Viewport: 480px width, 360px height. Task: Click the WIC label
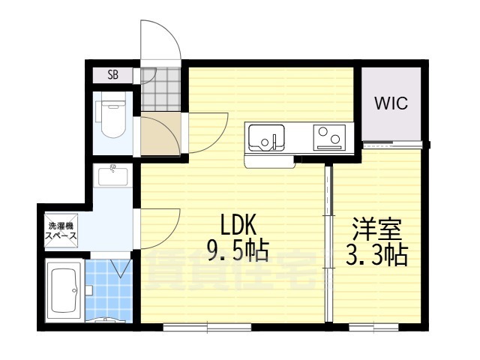pos(392,103)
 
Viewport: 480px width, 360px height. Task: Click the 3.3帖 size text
pos(376,256)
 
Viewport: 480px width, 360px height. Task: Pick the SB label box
pos(112,74)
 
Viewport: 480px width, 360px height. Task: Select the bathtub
pos(64,291)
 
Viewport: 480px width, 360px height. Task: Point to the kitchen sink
pos(265,137)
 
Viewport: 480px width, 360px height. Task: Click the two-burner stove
pos(328,136)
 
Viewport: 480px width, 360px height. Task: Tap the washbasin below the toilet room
pos(112,176)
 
